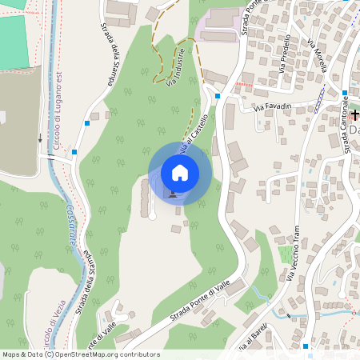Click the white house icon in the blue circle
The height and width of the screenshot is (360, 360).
tap(180, 173)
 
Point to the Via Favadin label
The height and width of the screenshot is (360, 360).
tap(272, 106)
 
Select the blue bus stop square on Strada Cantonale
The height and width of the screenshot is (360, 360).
tap(343, 90)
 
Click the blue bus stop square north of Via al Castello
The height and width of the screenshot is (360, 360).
tap(218, 96)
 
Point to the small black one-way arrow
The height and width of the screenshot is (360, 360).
tap(40, 137)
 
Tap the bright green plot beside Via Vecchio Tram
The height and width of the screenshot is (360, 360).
tap(286, 254)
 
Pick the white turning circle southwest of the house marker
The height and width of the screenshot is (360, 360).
tap(152, 215)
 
